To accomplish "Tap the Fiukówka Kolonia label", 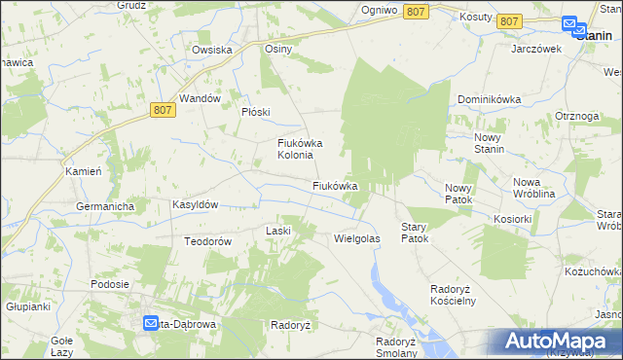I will [x=296, y=149].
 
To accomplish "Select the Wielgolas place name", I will [x=356, y=237].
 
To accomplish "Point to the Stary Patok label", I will [x=415, y=232].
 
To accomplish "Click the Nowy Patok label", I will [x=458, y=194].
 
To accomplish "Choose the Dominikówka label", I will [x=490, y=100].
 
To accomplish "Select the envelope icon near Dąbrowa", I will [x=152, y=323].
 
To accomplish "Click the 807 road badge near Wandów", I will [x=164, y=112].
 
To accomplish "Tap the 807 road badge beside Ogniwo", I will [x=417, y=11].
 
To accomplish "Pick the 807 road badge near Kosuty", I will [x=508, y=20].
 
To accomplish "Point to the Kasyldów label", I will [x=195, y=205].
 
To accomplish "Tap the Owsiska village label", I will [x=211, y=50].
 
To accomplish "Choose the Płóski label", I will [x=255, y=112].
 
